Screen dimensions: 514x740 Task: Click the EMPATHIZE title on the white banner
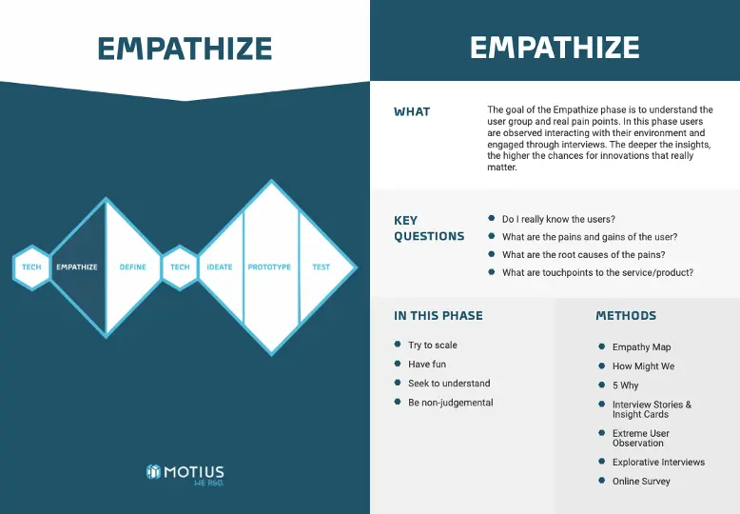pyautogui.click(x=185, y=49)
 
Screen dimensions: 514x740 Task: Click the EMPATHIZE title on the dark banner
pyautogui.click(x=555, y=48)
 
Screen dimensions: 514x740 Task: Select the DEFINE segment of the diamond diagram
pyautogui.click(x=133, y=267)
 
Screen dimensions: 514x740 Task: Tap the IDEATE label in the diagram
pyautogui.click(x=220, y=267)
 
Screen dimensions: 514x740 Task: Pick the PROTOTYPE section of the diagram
pyautogui.click(x=269, y=267)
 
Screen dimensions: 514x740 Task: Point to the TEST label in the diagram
pyautogui.click(x=321, y=267)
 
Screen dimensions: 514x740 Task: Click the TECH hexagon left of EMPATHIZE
pyautogui.click(x=31, y=267)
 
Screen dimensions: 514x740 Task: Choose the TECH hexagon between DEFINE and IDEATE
pyautogui.click(x=180, y=267)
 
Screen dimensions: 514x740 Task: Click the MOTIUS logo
pyautogui.click(x=185, y=473)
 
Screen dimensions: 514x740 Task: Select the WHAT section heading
pyautogui.click(x=412, y=112)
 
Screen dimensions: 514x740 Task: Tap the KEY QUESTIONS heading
pyautogui.click(x=429, y=228)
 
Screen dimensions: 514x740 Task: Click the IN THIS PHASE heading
pyautogui.click(x=438, y=316)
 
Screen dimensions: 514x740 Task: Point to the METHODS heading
pyautogui.click(x=626, y=316)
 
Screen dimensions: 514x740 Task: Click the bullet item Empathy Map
pyautogui.click(x=641, y=347)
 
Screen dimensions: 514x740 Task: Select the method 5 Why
pyautogui.click(x=626, y=385)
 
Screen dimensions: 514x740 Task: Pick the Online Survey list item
pyautogui.click(x=641, y=482)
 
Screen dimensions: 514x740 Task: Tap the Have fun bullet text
pyautogui.click(x=427, y=365)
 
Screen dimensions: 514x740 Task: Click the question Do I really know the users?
pyautogui.click(x=558, y=219)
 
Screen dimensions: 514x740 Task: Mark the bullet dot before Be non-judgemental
pyautogui.click(x=398, y=402)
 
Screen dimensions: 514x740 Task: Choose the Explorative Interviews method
pyautogui.click(x=658, y=463)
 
